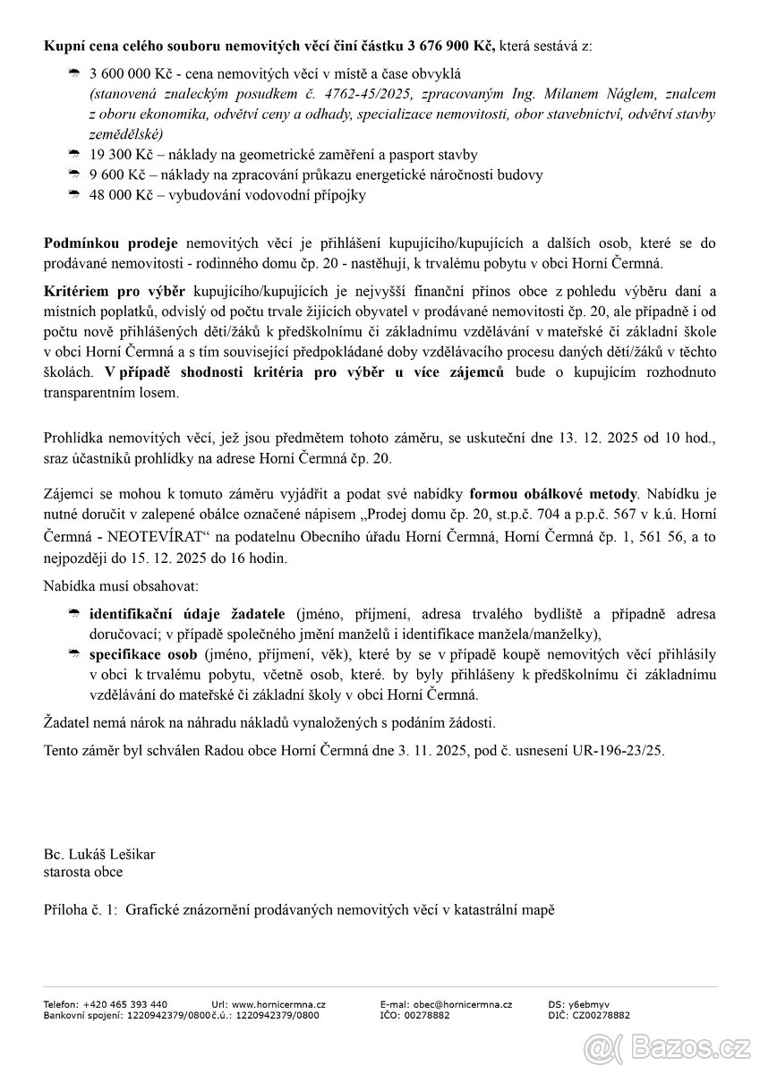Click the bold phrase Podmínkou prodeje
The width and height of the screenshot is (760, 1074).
coord(111,243)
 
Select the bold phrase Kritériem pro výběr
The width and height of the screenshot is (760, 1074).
coord(115,292)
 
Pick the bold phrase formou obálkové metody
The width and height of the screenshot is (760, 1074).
coord(552,493)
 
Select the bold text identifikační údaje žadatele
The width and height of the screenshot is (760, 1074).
coord(187,614)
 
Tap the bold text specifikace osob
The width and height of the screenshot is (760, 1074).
coord(136,654)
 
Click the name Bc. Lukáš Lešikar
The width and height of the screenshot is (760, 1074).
coord(99,854)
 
